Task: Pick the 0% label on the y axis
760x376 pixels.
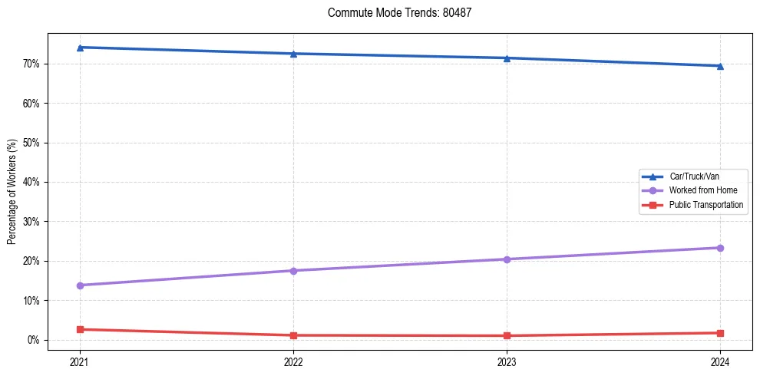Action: tap(33, 340)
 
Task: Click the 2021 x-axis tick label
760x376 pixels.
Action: tap(80, 361)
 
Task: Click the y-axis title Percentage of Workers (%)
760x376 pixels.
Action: tap(12, 192)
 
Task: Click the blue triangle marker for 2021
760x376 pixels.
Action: tap(80, 48)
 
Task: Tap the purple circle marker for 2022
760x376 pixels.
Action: tap(293, 271)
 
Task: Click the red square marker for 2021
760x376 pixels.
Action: tap(80, 329)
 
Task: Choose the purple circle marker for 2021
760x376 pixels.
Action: tap(80, 285)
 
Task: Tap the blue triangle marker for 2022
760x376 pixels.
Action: tap(293, 54)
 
